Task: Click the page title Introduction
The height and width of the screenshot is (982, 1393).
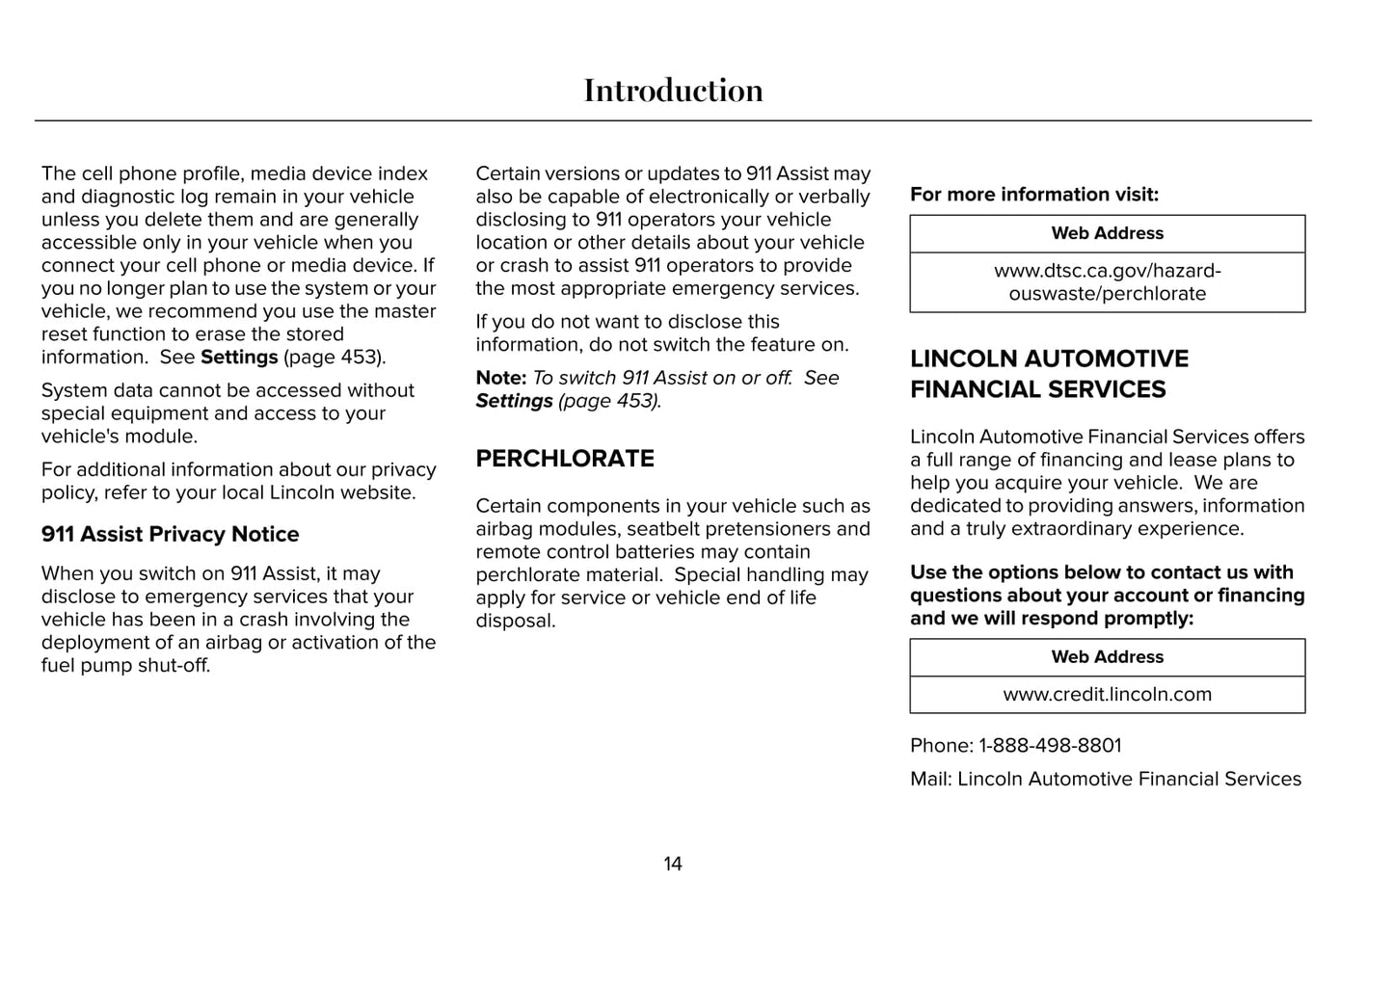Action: [673, 91]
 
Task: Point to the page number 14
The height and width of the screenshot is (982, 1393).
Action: [673, 863]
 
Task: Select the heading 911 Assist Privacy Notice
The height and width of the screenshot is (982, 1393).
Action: [170, 534]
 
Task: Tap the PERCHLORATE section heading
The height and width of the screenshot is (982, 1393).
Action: [565, 459]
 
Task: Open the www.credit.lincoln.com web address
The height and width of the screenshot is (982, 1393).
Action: [1107, 695]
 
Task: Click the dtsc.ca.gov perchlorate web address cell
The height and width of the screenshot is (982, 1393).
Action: [1107, 282]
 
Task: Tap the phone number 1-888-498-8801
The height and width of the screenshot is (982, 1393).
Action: [1050, 746]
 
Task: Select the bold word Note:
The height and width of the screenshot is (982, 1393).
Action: [501, 378]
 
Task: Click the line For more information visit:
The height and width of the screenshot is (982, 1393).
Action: [1034, 195]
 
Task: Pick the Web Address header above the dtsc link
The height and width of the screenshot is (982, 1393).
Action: [1107, 233]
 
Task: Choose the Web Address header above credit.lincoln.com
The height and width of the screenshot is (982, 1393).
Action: [1107, 657]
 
